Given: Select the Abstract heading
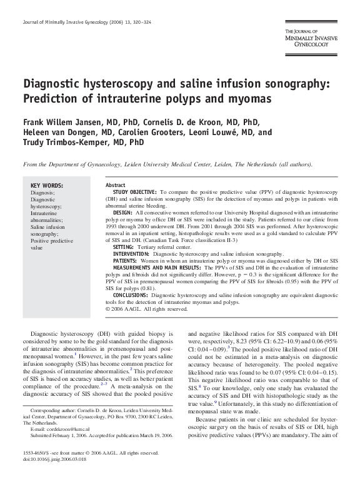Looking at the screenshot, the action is (x=116, y=186).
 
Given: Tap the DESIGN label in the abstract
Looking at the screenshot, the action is (x=122, y=214).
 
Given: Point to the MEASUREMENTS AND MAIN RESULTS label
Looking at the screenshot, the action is (x=159, y=268).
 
